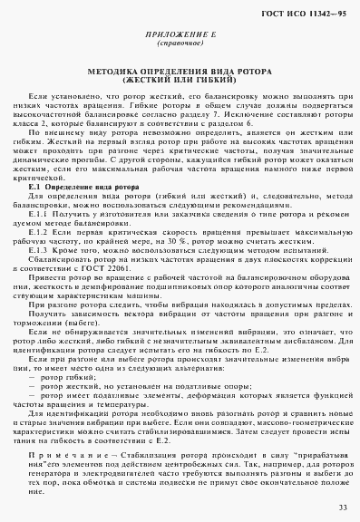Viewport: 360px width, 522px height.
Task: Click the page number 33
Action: (x=340, y=507)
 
